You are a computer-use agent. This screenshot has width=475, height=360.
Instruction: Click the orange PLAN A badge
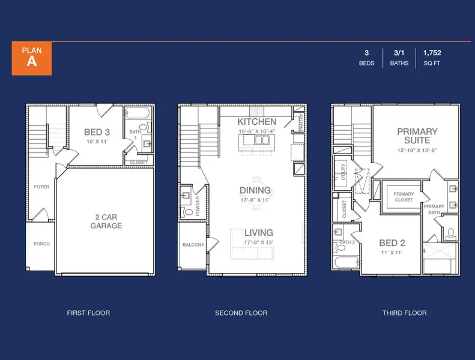click(32, 58)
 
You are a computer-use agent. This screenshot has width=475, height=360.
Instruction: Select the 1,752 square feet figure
click(432, 53)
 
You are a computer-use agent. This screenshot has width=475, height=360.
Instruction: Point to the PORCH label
click(41, 244)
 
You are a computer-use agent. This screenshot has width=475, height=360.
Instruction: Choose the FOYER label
click(41, 187)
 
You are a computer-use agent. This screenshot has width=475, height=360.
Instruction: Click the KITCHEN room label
click(256, 122)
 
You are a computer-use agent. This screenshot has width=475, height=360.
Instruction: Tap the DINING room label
click(255, 191)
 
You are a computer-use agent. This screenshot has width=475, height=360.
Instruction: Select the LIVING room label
click(258, 233)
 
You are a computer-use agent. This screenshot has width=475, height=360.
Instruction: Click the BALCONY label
click(193, 245)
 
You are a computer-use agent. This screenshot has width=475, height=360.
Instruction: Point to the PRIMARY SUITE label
click(417, 136)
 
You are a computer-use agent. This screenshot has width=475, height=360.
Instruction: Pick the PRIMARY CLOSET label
click(404, 197)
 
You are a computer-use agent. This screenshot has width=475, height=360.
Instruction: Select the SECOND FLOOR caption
click(241, 313)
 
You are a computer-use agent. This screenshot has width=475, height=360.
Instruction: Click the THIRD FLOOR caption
click(405, 313)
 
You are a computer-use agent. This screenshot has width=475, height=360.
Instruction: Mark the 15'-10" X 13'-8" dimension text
click(417, 150)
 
